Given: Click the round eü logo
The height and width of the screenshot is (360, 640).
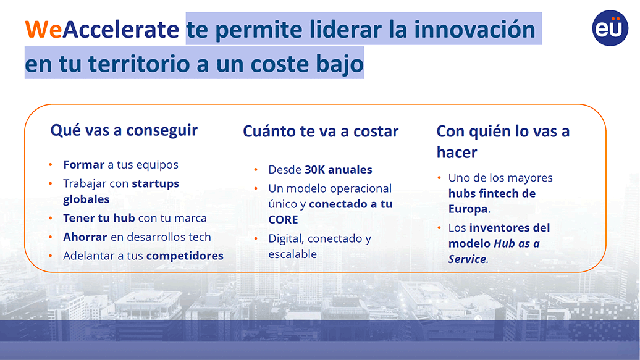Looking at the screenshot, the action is click(x=610, y=28).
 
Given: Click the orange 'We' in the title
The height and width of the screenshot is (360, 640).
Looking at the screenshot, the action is click(x=43, y=30).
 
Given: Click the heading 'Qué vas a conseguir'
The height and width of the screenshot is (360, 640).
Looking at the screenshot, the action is click(x=124, y=131).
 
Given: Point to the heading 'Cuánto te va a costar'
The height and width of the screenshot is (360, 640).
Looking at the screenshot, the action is click(x=321, y=132).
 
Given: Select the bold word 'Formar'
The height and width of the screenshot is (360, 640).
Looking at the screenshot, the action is click(x=83, y=164).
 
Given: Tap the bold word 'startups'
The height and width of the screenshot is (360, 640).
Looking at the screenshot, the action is click(x=156, y=183).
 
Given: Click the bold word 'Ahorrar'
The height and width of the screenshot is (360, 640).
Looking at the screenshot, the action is click(x=85, y=237).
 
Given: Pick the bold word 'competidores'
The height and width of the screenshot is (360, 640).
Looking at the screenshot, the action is click(x=185, y=256).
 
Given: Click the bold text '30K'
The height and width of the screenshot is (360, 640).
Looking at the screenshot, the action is click(x=314, y=169).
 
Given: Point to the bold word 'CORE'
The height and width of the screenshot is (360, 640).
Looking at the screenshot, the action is click(x=284, y=220).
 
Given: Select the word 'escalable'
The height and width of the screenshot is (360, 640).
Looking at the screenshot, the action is click(x=293, y=254).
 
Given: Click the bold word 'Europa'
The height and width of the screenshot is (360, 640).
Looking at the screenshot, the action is click(x=468, y=209).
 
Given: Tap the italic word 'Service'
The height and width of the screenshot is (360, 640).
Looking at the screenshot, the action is click(x=468, y=259).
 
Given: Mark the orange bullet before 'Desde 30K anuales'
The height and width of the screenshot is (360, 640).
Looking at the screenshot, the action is click(x=256, y=169).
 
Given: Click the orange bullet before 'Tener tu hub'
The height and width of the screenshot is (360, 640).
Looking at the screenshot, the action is click(x=51, y=218).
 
